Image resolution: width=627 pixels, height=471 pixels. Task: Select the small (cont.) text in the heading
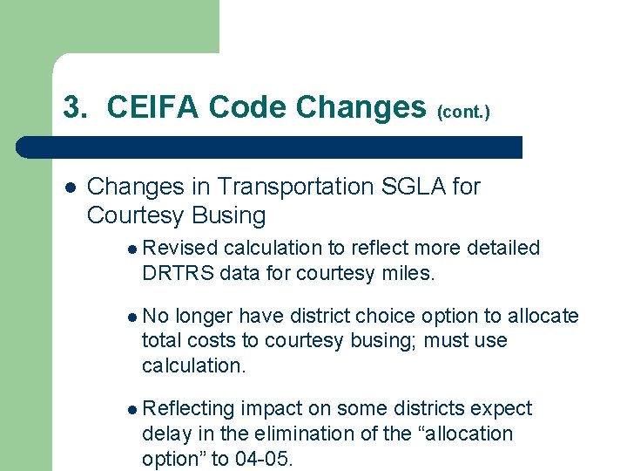tap(463, 112)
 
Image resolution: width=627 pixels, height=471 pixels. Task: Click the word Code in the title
tap(247, 107)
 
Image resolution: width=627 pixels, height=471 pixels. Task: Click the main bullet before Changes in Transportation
tap(70, 187)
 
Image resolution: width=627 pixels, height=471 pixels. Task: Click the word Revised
tap(179, 249)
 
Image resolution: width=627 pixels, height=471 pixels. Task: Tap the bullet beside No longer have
tap(131, 317)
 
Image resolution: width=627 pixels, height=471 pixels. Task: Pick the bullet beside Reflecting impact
tap(131, 409)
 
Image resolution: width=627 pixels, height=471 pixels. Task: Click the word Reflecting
tap(189, 409)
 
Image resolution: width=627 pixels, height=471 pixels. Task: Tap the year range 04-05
tap(263, 459)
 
